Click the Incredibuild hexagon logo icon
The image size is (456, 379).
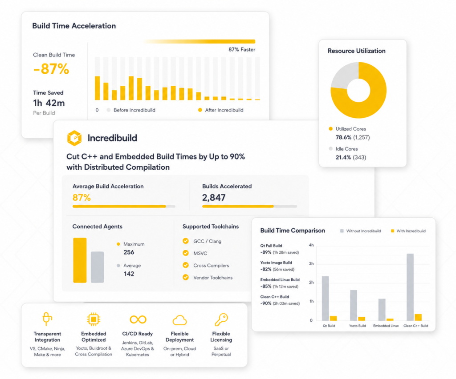click(x=74, y=138)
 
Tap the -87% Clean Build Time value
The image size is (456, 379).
click(x=51, y=69)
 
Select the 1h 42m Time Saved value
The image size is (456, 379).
click(x=49, y=103)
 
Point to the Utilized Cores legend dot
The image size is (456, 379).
click(x=330, y=128)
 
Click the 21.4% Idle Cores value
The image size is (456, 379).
click(x=343, y=157)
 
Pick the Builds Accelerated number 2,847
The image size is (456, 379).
click(x=214, y=198)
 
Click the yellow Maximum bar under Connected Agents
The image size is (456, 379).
click(x=80, y=260)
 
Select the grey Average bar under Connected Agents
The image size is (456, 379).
click(x=97, y=267)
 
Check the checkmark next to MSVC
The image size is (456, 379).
click(x=186, y=253)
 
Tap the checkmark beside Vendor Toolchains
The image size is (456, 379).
click(x=186, y=277)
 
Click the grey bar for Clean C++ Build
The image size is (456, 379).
click(x=410, y=287)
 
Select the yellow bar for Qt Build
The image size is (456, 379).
click(x=333, y=318)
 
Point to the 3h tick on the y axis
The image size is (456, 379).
click(x=311, y=264)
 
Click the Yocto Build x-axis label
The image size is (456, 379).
click(x=358, y=326)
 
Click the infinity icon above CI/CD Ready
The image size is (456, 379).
click(x=138, y=319)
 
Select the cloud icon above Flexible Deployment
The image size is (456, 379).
click(x=179, y=320)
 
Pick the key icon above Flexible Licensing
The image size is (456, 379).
click(x=221, y=319)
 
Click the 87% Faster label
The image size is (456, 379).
click(x=242, y=50)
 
